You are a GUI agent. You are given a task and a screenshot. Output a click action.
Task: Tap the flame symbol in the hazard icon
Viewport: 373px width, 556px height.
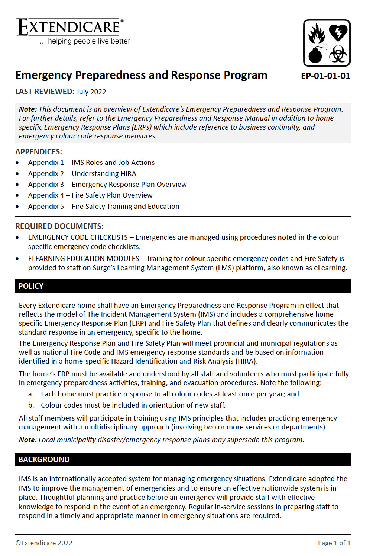tap(317, 33)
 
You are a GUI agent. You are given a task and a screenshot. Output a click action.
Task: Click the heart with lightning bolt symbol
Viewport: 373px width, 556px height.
tap(338, 33)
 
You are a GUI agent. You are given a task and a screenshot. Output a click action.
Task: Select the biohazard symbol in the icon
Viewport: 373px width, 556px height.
tap(338, 54)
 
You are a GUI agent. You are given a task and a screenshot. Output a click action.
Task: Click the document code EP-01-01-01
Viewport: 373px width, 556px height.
tap(325, 76)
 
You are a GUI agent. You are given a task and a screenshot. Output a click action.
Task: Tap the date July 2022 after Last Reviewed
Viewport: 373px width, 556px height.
tap(91, 92)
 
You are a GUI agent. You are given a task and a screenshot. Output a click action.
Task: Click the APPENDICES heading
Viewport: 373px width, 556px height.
tap(39, 152)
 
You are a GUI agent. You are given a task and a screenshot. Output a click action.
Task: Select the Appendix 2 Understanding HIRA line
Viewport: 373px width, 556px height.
tap(82, 174)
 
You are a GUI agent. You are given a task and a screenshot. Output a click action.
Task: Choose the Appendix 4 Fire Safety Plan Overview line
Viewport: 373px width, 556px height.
tap(90, 195)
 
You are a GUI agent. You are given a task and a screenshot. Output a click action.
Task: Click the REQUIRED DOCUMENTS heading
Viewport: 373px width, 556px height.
tap(59, 226)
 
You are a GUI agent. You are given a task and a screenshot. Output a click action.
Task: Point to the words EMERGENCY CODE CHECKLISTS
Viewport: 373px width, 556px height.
tap(78, 237)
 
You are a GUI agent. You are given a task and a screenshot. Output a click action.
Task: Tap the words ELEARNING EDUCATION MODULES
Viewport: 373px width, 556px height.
tap(84, 259)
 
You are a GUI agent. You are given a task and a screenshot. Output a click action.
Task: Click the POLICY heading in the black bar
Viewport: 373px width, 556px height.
tap(31, 286)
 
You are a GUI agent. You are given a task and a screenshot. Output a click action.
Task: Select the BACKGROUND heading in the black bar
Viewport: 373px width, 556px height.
tap(44, 460)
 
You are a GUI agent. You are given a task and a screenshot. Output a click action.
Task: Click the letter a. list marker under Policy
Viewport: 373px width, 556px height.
tap(31, 394)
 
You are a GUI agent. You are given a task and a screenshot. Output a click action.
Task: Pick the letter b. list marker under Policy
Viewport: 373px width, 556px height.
tap(31, 405)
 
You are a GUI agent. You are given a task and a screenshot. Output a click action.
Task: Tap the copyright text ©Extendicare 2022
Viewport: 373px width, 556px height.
tap(44, 543)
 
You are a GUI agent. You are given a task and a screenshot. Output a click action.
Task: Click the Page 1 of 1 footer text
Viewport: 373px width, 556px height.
tap(334, 543)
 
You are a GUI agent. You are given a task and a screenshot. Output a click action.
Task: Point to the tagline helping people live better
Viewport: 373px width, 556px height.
tap(89, 41)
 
